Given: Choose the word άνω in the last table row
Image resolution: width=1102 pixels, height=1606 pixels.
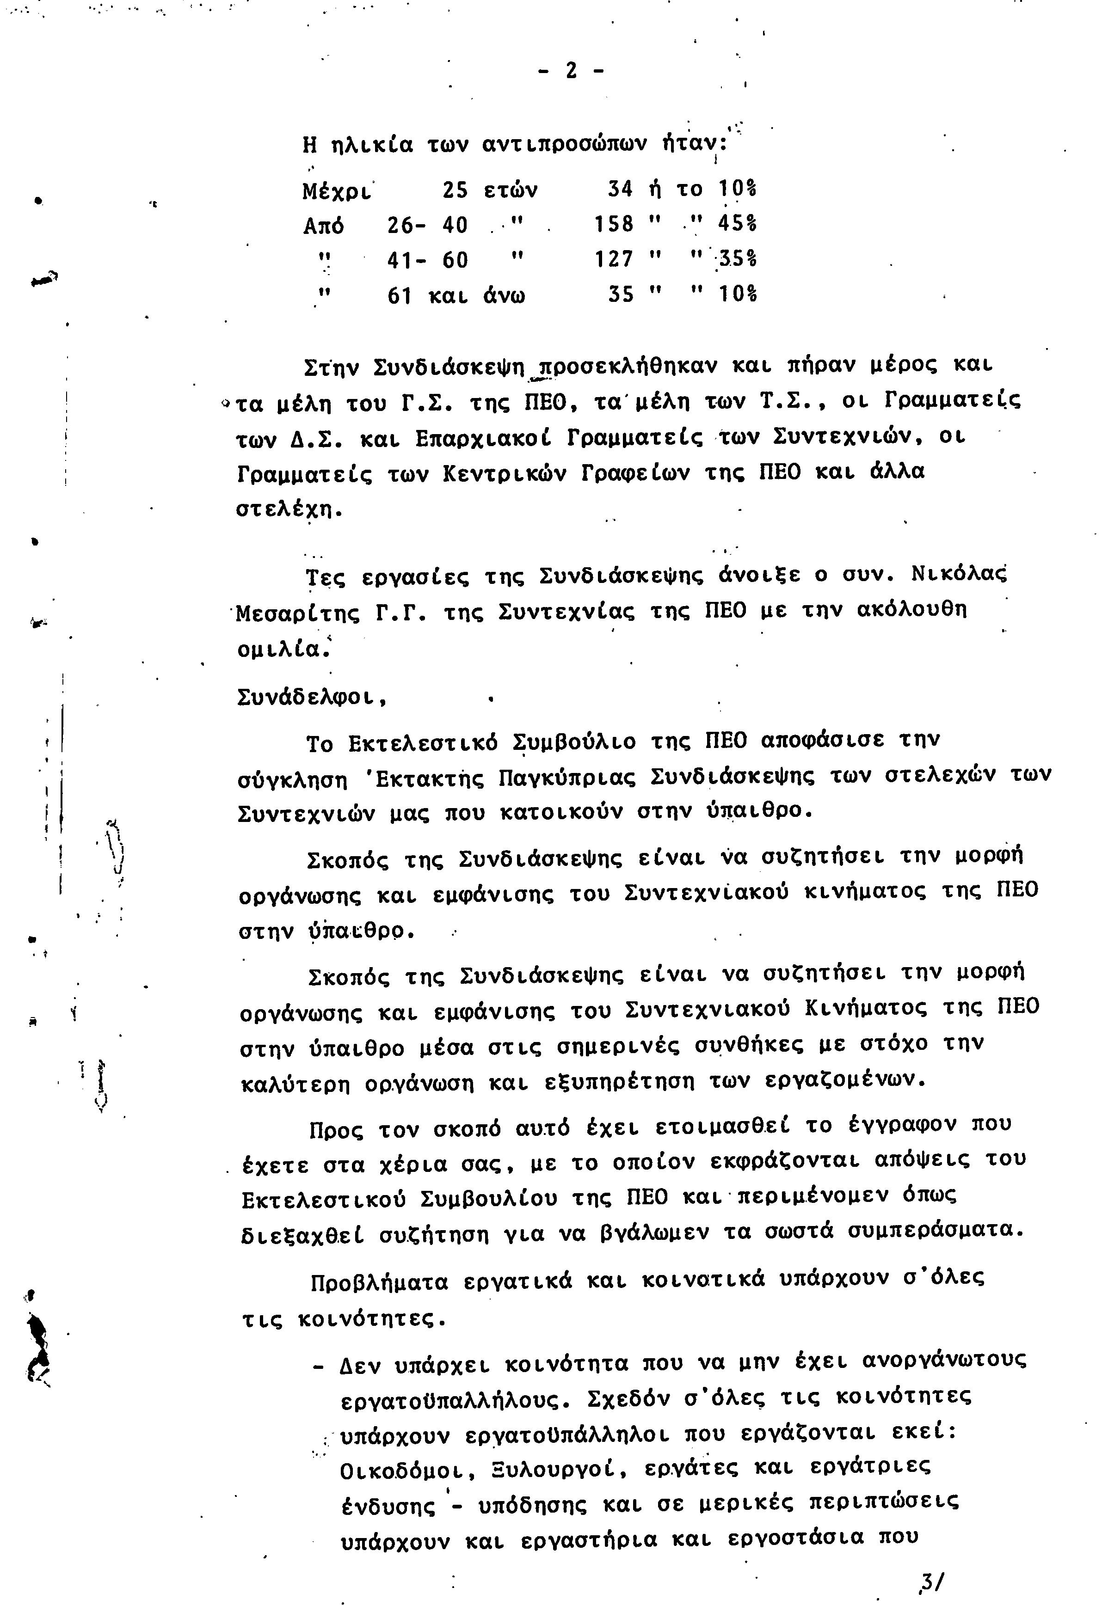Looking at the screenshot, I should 504,296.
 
